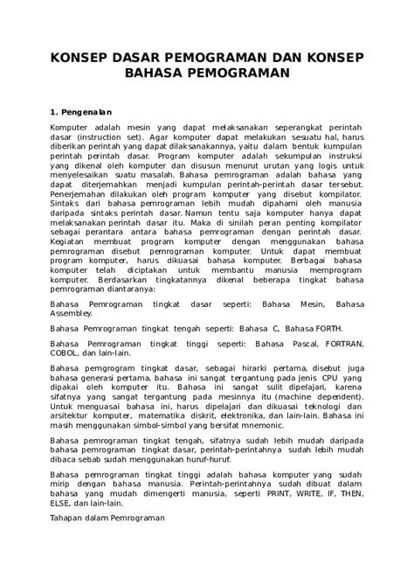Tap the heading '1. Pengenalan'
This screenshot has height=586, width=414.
[86, 112]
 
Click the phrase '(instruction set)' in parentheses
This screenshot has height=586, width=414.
[106, 138]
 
